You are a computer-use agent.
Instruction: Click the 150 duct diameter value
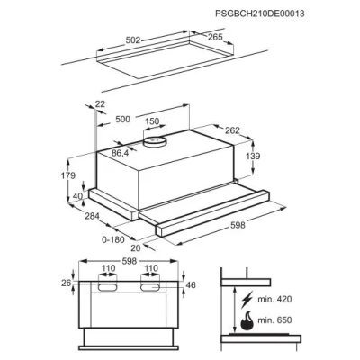(x=153, y=121)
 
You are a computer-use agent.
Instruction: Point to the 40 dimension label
(x=77, y=196)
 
